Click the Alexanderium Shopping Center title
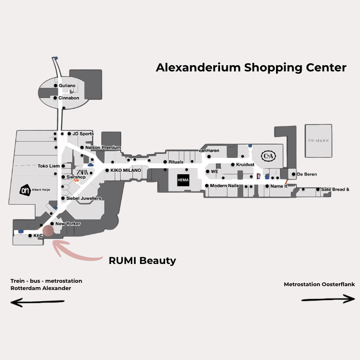251,68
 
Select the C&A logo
268,156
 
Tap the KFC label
38,236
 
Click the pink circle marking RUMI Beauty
49,230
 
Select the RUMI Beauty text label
142,261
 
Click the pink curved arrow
77,251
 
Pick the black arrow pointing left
38,303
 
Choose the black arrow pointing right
328,299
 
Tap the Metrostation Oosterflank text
319,284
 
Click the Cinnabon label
69,98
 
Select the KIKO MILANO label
125,170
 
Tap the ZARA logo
81,172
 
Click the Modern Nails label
224,186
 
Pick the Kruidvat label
245,165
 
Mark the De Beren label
307,174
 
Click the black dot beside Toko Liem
62,166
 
